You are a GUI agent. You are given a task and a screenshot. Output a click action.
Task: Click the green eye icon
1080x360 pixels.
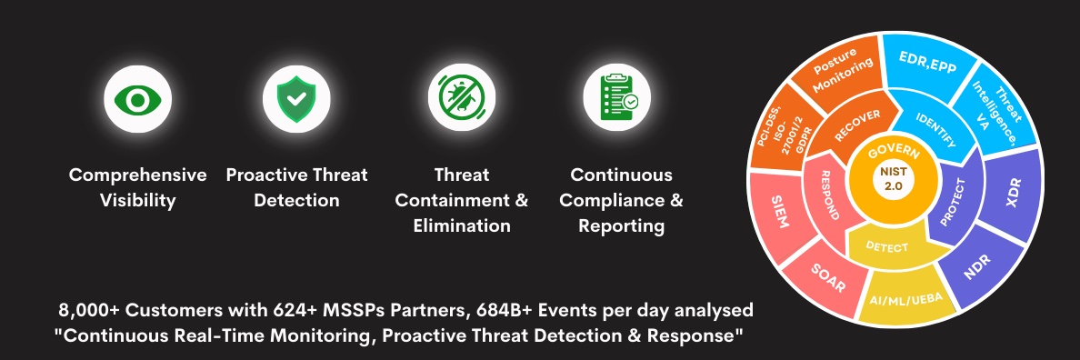click(138, 100)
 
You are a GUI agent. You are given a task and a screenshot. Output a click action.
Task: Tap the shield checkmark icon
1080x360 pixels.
click(296, 99)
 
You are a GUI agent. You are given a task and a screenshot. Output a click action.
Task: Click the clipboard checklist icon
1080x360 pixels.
click(618, 98)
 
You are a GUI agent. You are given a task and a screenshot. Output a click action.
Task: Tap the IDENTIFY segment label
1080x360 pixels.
click(936, 129)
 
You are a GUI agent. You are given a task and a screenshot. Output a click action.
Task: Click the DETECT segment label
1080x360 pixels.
click(887, 246)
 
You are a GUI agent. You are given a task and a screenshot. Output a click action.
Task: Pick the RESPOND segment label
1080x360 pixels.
click(826, 195)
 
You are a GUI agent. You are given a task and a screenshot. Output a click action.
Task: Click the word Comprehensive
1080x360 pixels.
click(138, 175)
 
